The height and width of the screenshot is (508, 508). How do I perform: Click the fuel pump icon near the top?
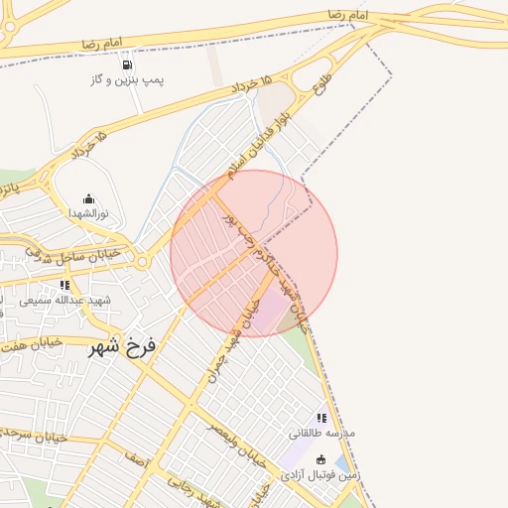127,64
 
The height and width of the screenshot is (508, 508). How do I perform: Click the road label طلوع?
322,81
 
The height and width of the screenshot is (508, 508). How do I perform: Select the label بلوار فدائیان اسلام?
257,144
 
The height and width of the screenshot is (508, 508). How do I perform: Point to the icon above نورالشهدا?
88,198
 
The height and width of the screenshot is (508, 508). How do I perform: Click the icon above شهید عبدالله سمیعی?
65,285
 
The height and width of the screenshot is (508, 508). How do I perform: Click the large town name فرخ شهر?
123,347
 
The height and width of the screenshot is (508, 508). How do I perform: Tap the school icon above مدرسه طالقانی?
320,419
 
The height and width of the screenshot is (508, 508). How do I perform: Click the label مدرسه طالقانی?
320,434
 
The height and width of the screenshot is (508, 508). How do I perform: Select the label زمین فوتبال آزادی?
319,474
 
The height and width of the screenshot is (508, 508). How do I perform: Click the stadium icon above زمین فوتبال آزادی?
320,459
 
